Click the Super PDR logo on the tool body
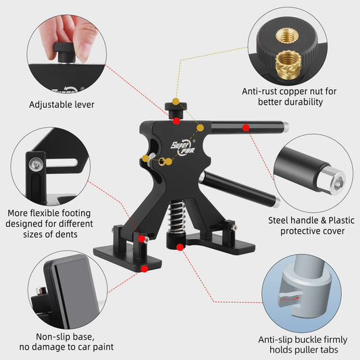183,147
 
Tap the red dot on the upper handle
246,128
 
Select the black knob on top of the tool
176,109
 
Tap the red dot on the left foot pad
145,269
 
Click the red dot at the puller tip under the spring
180,247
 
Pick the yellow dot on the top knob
176,101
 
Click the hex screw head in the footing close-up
36,164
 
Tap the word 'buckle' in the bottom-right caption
309,340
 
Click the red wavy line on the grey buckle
289,299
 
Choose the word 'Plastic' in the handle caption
342,220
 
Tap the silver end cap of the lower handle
277,203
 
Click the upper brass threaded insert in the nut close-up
287,36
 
